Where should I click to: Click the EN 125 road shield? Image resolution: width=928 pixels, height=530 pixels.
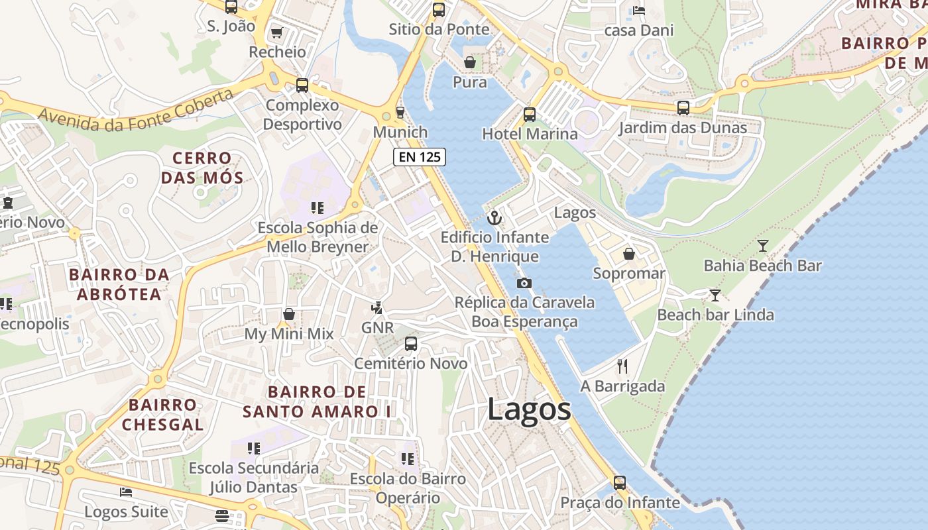420,157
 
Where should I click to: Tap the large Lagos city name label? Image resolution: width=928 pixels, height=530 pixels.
529,409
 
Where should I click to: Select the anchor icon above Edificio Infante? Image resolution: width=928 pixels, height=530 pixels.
494,217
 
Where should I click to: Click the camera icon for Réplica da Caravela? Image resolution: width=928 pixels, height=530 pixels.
524,284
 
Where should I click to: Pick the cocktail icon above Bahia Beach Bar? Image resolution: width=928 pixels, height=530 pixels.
763,246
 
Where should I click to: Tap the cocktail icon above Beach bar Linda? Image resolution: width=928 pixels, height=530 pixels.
715,295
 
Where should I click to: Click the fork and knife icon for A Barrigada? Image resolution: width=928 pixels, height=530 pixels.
622,366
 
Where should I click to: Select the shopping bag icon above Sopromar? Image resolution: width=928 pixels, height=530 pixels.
629,254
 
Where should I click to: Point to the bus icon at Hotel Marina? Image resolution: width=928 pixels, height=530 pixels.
530,114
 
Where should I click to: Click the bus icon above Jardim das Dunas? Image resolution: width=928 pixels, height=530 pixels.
683,107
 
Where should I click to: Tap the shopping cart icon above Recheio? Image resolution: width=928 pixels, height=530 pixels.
277,32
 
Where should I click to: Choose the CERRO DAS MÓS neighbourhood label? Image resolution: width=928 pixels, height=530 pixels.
202,168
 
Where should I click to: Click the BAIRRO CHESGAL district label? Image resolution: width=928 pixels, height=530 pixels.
162,414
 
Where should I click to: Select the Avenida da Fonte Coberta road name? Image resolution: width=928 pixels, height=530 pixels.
136,110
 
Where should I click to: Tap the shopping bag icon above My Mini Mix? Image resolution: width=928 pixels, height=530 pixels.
289,314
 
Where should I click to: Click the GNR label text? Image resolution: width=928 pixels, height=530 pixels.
377,327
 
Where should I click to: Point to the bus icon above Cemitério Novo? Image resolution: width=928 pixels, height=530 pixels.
411,344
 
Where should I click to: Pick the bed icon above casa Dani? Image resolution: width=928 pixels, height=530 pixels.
639,10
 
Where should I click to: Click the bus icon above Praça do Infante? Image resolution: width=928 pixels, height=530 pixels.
620,483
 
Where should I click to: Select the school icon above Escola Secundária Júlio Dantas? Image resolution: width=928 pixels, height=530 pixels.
254,449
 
